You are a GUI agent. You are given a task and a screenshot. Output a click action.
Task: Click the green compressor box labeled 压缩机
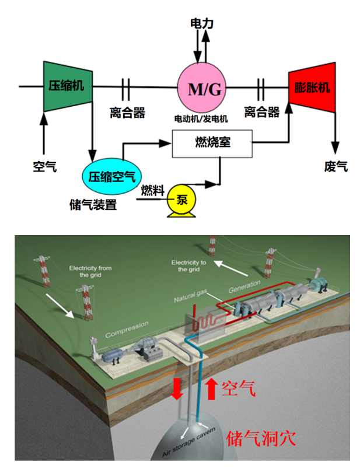(67, 86)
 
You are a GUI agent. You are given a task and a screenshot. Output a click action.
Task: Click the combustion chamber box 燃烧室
(211, 142)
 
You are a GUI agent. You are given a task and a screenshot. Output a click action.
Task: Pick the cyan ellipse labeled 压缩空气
(111, 174)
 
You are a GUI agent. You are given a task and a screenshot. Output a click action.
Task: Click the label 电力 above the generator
(202, 23)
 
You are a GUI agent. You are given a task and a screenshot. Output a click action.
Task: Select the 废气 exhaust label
(335, 167)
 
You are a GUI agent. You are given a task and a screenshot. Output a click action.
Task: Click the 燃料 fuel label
(152, 191)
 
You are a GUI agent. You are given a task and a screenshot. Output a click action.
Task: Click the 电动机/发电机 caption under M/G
(201, 118)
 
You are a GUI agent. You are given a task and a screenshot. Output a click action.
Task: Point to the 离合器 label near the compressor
(127, 112)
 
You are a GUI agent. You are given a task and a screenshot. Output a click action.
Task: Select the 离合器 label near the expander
(261, 112)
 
